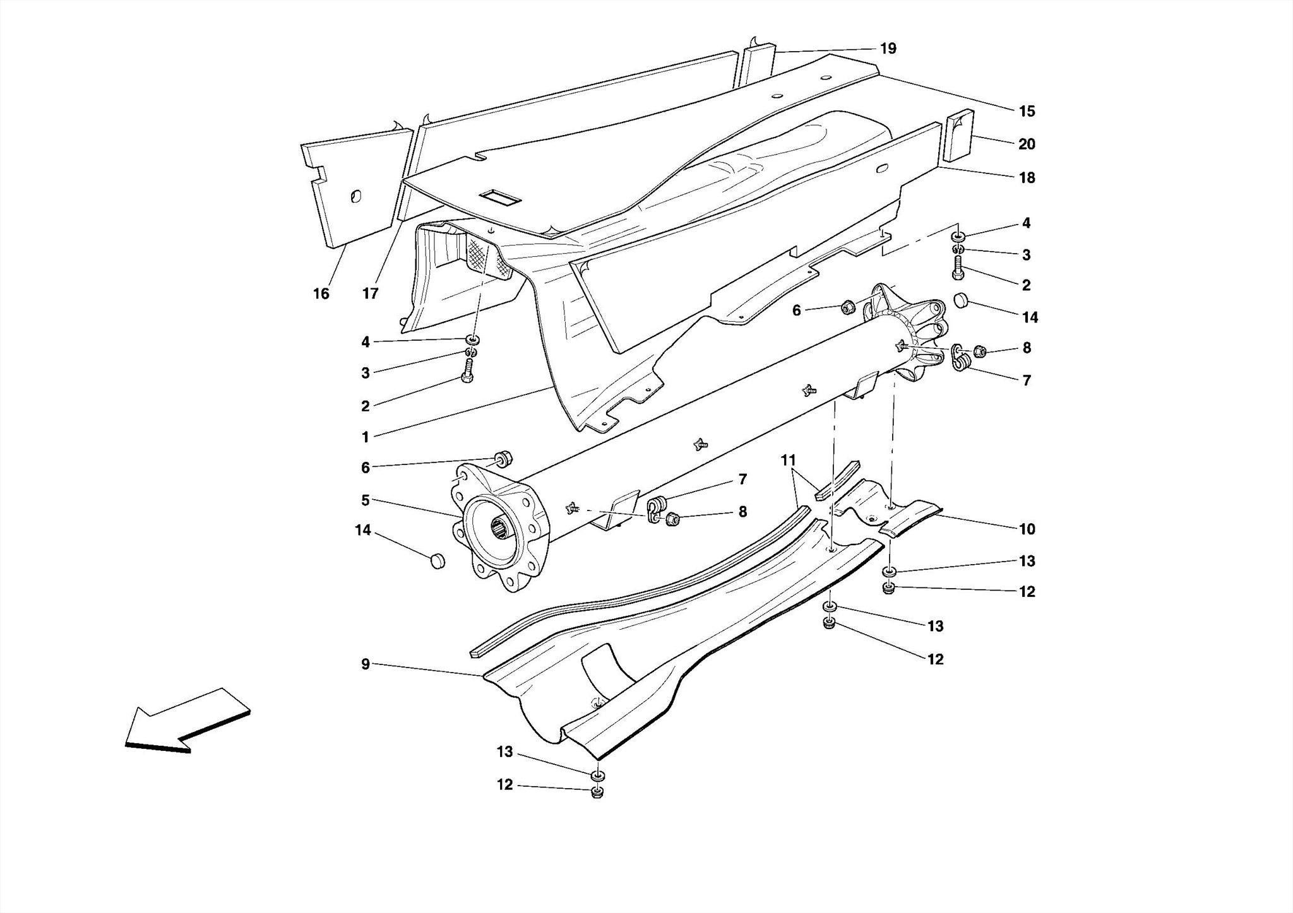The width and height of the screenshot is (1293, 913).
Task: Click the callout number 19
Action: tap(888, 49)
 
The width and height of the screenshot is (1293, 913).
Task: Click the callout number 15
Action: tap(1027, 112)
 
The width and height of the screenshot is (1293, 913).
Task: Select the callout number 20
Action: tap(1027, 144)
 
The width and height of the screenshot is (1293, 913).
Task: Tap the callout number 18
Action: tap(1027, 178)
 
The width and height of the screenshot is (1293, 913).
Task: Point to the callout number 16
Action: tap(321, 294)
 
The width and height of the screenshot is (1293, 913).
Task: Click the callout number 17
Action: tap(370, 294)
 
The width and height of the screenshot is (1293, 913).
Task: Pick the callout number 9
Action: tap(365, 664)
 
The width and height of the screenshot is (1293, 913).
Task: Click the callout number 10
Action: tap(1027, 529)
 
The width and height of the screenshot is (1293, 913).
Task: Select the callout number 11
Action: tap(788, 461)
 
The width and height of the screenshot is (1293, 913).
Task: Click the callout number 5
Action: tap(365, 501)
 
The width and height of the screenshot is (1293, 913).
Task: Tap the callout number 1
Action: tap(365, 437)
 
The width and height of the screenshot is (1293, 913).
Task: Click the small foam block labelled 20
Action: tap(959, 136)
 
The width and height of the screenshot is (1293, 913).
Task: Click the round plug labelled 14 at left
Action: tap(437, 560)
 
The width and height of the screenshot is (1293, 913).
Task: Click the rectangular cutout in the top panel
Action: tap(499, 198)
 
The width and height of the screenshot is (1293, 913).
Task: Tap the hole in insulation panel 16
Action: tap(355, 197)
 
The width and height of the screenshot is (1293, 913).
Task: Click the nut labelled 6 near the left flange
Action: tap(504, 459)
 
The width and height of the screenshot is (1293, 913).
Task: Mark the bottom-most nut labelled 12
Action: tap(597, 792)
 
